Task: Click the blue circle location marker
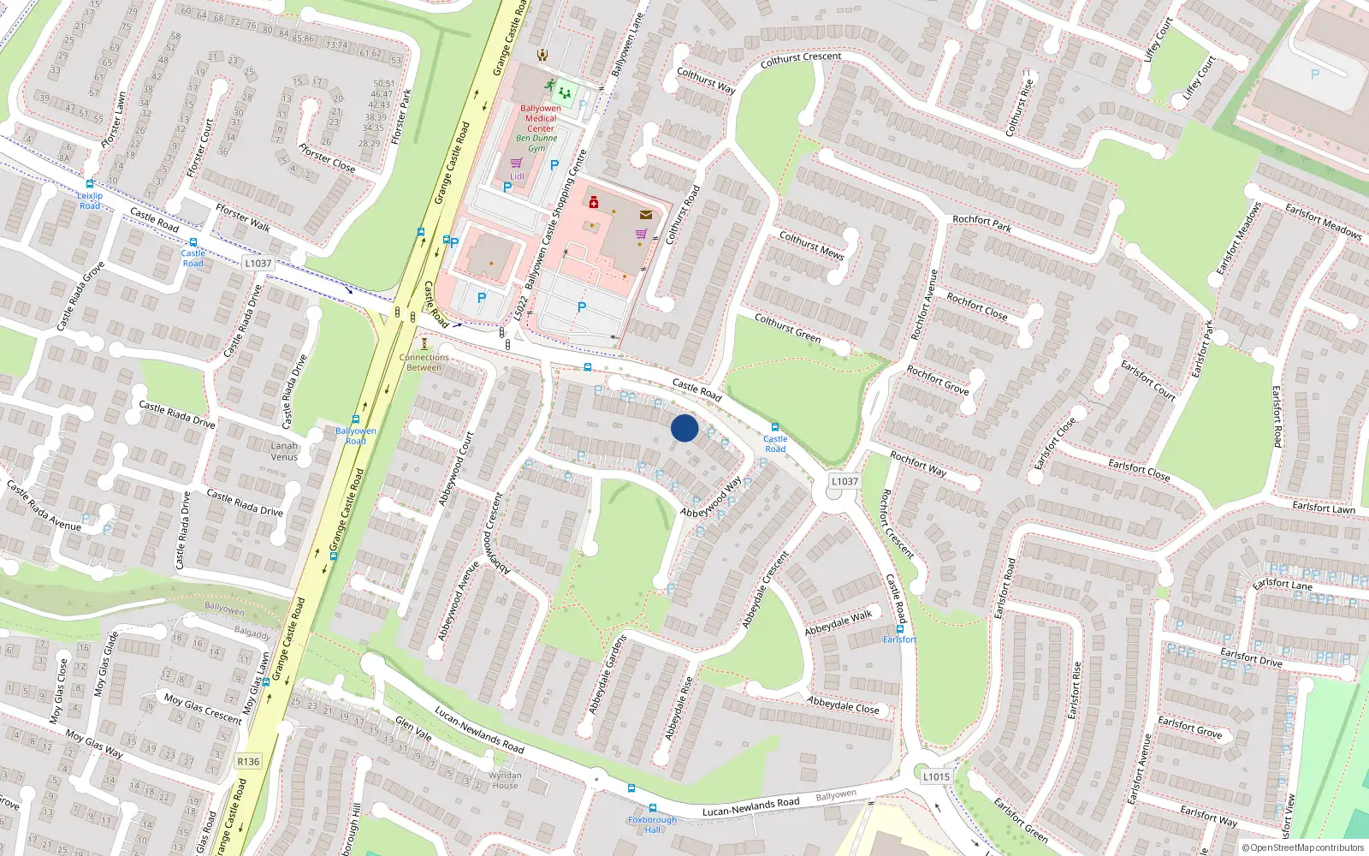click(684, 428)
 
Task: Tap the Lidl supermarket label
click(517, 176)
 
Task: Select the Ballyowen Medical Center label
click(541, 118)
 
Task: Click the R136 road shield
click(248, 761)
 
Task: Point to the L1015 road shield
click(936, 776)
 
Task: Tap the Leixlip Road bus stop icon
click(90, 184)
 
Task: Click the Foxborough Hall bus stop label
click(652, 824)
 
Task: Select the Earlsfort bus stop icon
click(899, 628)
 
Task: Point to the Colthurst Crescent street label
click(801, 59)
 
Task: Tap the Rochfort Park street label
click(981, 223)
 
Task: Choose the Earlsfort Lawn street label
click(1323, 508)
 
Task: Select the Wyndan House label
click(505, 780)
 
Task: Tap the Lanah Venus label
click(284, 451)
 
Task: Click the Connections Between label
click(424, 362)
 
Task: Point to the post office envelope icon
click(646, 215)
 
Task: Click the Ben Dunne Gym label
click(536, 143)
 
